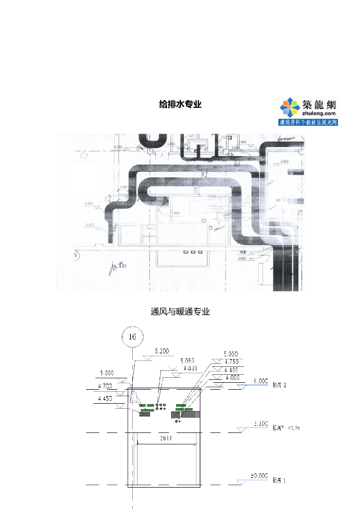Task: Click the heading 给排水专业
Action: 180,104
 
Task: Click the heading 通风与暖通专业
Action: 180,312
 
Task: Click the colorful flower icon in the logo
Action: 289,107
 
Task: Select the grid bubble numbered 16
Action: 132,337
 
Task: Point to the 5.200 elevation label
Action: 162,351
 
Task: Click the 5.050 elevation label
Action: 187,360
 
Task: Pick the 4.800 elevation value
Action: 190,368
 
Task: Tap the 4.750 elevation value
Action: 231,362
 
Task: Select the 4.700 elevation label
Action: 105,386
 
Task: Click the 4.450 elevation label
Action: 105,398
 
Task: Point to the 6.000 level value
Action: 261,381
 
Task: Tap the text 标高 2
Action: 280,385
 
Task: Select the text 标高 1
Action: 279,481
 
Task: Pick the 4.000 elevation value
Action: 231,377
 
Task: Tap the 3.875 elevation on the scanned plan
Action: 90,225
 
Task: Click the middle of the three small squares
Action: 192,252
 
